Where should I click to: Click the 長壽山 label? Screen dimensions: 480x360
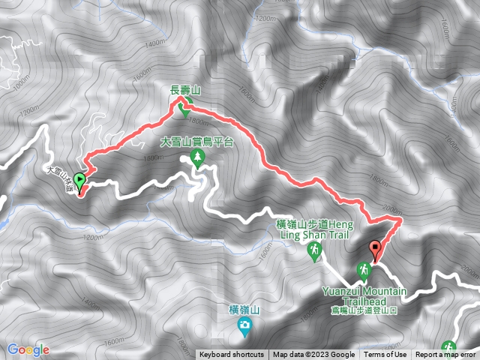click(185, 90)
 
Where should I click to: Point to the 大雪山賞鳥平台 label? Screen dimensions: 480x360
click(197, 141)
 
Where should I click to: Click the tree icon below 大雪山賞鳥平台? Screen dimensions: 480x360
click(198, 156)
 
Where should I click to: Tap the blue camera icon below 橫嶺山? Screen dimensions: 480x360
click(244, 325)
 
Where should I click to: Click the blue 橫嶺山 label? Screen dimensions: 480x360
click(244, 309)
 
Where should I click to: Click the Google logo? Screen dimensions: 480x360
click(28, 349)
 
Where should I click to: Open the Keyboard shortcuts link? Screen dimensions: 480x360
click(232, 355)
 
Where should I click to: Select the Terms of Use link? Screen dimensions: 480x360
click(385, 355)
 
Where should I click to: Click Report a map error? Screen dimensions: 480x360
click(445, 355)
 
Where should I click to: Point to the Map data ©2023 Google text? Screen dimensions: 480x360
click(313, 355)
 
